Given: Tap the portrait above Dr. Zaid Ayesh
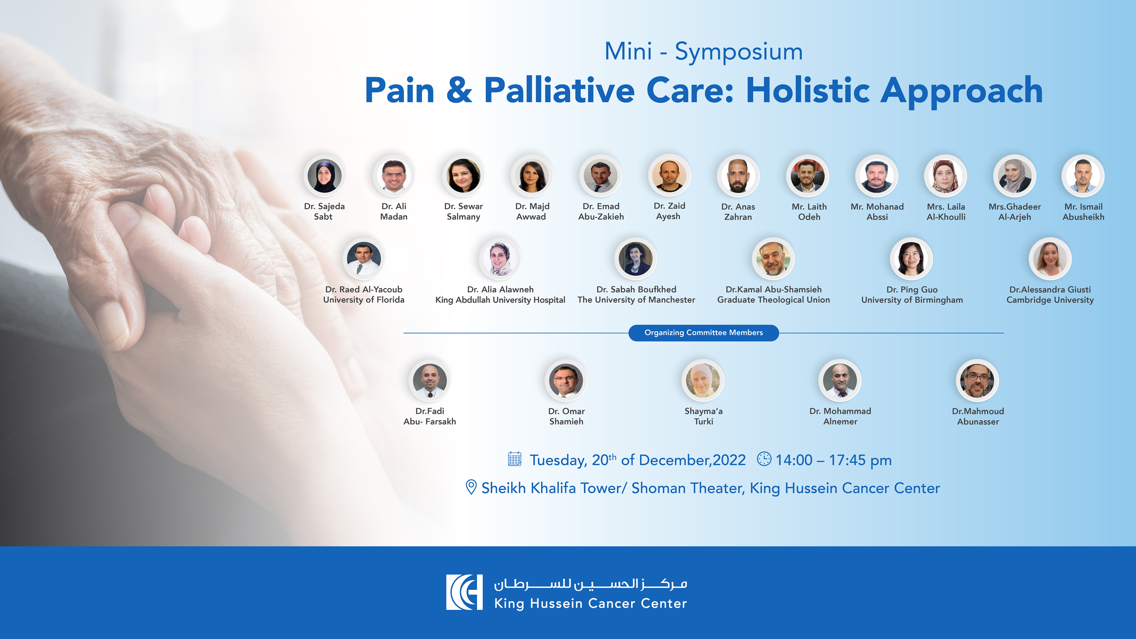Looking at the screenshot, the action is click(x=669, y=175).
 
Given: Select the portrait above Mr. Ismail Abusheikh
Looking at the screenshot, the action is click(x=1083, y=176).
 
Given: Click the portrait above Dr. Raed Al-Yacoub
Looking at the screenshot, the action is click(x=364, y=258).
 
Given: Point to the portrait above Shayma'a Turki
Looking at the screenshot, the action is click(x=703, y=380).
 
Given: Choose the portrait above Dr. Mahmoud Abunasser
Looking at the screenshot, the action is click(x=977, y=380).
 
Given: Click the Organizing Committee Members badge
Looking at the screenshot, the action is click(x=703, y=333).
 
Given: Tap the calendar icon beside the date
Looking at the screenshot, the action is click(x=515, y=459).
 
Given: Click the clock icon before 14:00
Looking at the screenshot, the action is click(x=764, y=459).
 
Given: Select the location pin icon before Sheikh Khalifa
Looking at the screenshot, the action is click(x=471, y=487).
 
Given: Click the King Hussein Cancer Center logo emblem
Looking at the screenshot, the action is click(x=464, y=592).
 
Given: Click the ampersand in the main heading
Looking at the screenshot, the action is click(x=459, y=90).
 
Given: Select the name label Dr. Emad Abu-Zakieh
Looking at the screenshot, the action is click(x=601, y=212).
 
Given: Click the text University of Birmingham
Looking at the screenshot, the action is click(x=912, y=300).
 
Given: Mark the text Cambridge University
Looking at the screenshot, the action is click(x=1050, y=300).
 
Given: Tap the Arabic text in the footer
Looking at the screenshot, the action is click(x=590, y=584).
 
